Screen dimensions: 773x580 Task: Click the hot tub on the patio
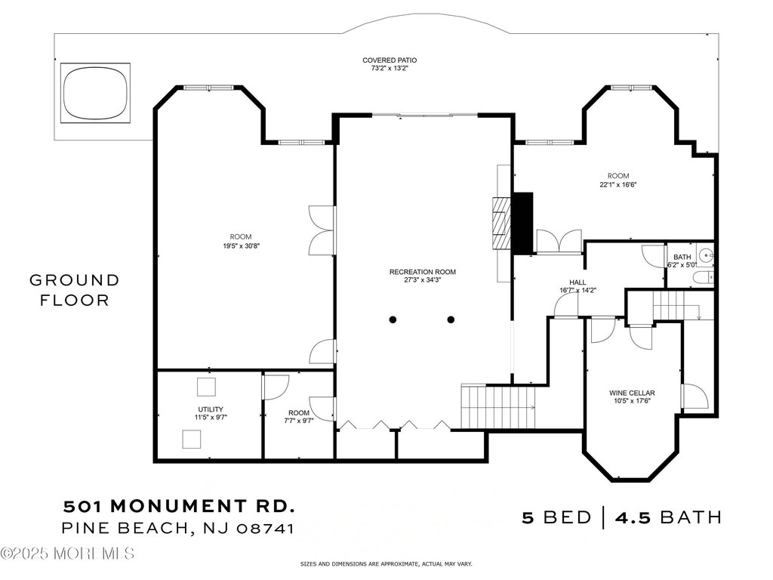coord(95,93)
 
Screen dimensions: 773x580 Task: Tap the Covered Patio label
coord(390,60)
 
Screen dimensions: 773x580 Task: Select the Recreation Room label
coord(423,272)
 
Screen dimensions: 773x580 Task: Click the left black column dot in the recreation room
coord(393,319)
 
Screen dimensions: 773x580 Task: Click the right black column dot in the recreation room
coord(451,319)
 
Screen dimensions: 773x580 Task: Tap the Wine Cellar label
coord(632,393)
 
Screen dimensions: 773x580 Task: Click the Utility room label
coord(211,409)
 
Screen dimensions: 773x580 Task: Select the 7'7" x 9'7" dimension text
coord(299,421)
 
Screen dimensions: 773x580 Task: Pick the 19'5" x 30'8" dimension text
coord(241,245)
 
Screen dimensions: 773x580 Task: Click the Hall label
coord(577,282)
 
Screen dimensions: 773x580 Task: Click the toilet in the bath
coord(704,278)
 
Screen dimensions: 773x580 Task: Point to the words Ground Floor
coord(75,290)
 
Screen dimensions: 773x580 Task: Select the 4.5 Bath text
coord(668,517)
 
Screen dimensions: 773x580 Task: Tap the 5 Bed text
coord(556,517)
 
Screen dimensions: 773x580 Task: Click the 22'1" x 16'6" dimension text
coord(618,185)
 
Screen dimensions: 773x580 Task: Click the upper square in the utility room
coord(206,387)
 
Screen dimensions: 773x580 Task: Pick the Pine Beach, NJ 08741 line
coord(178,528)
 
